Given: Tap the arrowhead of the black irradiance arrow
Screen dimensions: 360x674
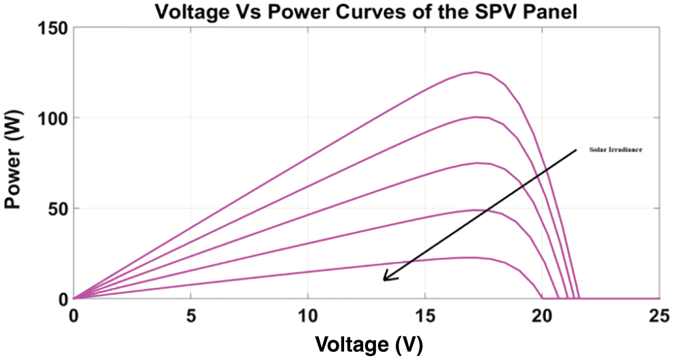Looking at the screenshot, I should (x=385, y=279).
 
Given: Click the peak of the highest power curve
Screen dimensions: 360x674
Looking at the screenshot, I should (x=476, y=72).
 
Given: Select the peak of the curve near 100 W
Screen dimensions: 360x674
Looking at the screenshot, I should (x=476, y=117).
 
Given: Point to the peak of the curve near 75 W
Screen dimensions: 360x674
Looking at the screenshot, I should (x=477, y=163).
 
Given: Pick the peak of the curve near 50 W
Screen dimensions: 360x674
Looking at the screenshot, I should (x=476, y=210).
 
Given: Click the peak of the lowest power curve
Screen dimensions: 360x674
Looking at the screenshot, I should (x=469, y=257).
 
